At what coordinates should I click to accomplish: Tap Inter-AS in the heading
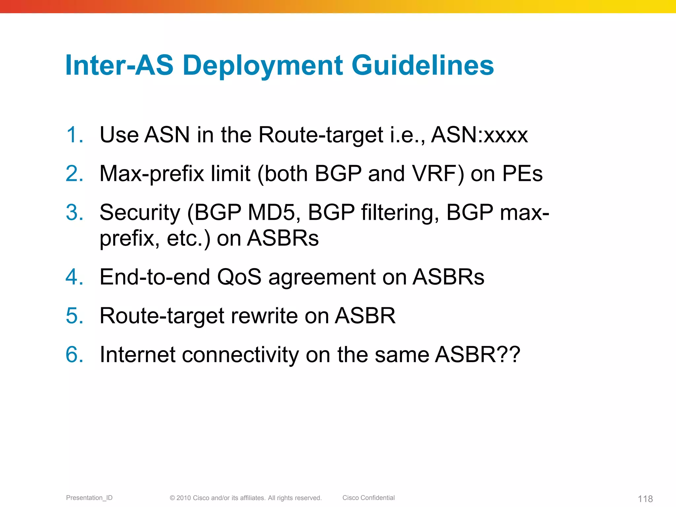(x=119, y=65)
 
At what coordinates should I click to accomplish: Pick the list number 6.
(x=74, y=355)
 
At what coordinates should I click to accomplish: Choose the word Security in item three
(x=140, y=213)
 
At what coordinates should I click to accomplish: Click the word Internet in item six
(x=137, y=355)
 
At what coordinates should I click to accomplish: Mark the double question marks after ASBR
(x=509, y=355)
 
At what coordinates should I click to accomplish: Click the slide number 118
(x=645, y=498)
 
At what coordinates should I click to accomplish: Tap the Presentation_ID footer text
(x=89, y=498)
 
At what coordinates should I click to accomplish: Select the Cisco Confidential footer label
(x=368, y=498)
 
